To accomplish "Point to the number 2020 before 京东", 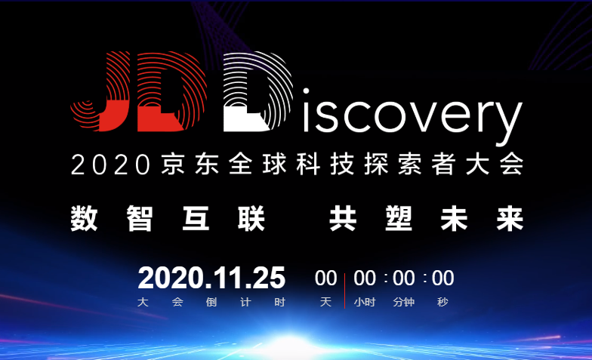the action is (110, 165).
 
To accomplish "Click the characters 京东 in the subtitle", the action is (190, 165).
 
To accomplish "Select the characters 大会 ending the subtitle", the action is (495, 165).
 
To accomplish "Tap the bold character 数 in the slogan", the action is (85, 219).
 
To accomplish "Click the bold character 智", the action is (140, 219).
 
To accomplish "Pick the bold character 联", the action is (251, 219).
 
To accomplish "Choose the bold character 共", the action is (343, 219).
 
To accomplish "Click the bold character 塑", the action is (399, 219).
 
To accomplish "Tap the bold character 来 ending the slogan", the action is (510, 219).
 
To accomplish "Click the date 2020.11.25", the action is (211, 278).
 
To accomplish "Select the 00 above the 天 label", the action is (326, 278).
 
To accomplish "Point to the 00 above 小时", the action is (365, 278).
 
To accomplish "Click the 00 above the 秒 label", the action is (442, 278).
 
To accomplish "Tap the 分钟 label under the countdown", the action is (403, 302).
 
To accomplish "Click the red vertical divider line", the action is (344, 291).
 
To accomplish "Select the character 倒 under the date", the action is (211, 302).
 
